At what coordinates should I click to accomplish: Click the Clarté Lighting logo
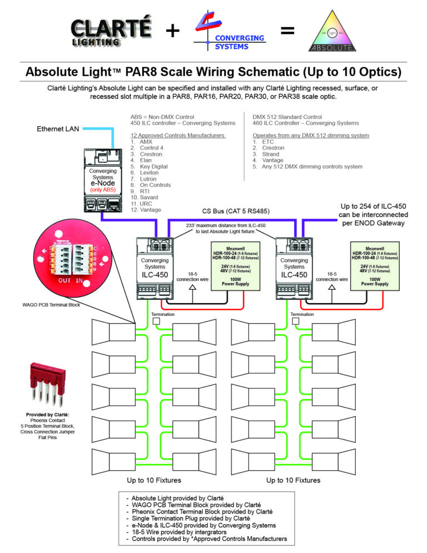pyautogui.click(x=111, y=32)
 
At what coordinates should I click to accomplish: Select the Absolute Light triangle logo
pyautogui.click(x=332, y=32)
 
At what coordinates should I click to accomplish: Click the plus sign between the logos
pyautogui.click(x=172, y=31)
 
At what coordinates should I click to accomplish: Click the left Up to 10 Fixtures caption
pyautogui.click(x=153, y=480)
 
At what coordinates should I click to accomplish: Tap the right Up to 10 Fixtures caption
pyautogui.click(x=293, y=480)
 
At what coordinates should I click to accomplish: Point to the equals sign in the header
pyautogui.click(x=287, y=31)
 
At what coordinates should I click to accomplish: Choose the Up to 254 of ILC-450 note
pyautogui.click(x=374, y=214)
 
